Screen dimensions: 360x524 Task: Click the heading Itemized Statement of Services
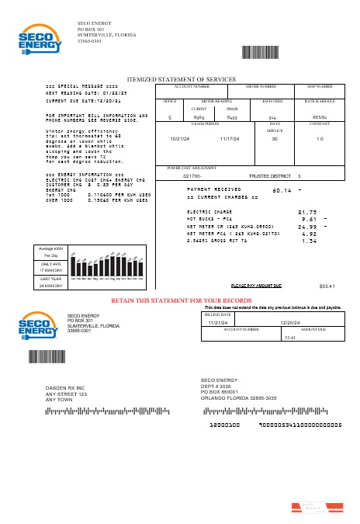click(181, 79)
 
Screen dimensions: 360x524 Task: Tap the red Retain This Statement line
click(182, 299)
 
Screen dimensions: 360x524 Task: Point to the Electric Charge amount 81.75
click(307, 212)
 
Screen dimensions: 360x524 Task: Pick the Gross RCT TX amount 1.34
click(308, 241)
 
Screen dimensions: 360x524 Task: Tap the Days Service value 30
click(274, 139)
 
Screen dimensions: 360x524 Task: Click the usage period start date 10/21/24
click(179, 139)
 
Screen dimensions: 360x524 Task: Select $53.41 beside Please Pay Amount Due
click(327, 286)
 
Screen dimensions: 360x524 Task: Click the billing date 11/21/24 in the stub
click(217, 322)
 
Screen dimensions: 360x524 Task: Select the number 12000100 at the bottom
click(225, 425)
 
